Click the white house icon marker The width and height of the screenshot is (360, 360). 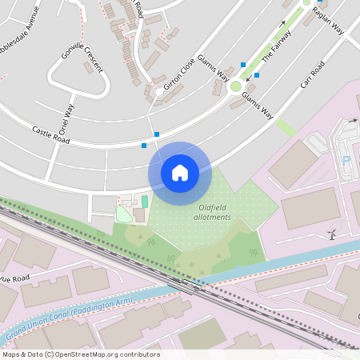[x=180, y=172]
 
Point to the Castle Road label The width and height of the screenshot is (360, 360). [x=50, y=134]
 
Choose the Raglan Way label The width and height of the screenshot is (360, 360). [x=327, y=19]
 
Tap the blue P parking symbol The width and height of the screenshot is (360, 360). [x=346, y=160]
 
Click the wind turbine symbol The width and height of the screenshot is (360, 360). [x=330, y=234]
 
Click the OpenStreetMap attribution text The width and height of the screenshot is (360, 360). [x=80, y=354]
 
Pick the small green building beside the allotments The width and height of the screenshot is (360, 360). [x=145, y=201]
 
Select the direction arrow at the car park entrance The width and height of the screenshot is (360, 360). [x=353, y=121]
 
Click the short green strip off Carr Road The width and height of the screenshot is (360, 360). [x=286, y=127]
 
